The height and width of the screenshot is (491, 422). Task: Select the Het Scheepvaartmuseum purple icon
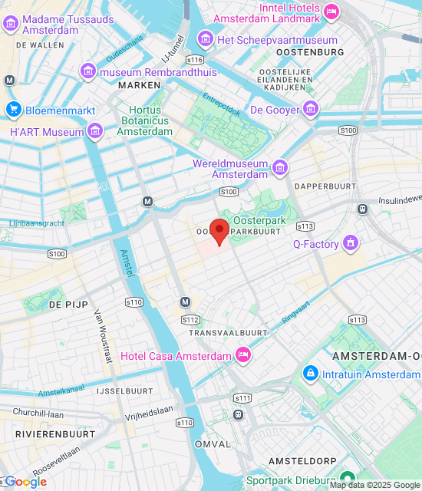(x=205, y=39)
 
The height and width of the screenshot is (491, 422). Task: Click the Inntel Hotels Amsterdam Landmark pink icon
(x=331, y=11)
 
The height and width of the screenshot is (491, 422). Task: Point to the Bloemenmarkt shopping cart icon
(x=13, y=110)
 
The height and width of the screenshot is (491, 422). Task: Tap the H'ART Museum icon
(x=95, y=132)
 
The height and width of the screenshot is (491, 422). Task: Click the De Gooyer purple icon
(x=310, y=110)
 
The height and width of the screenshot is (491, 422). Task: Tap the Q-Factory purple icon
(x=351, y=245)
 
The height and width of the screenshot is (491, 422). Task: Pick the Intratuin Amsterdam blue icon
(x=310, y=374)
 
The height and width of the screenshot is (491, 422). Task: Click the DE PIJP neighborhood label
(x=65, y=305)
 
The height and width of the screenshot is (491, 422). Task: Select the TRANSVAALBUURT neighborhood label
(x=228, y=333)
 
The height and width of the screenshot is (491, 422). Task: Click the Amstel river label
(x=127, y=264)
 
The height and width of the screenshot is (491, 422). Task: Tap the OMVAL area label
(x=213, y=444)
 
